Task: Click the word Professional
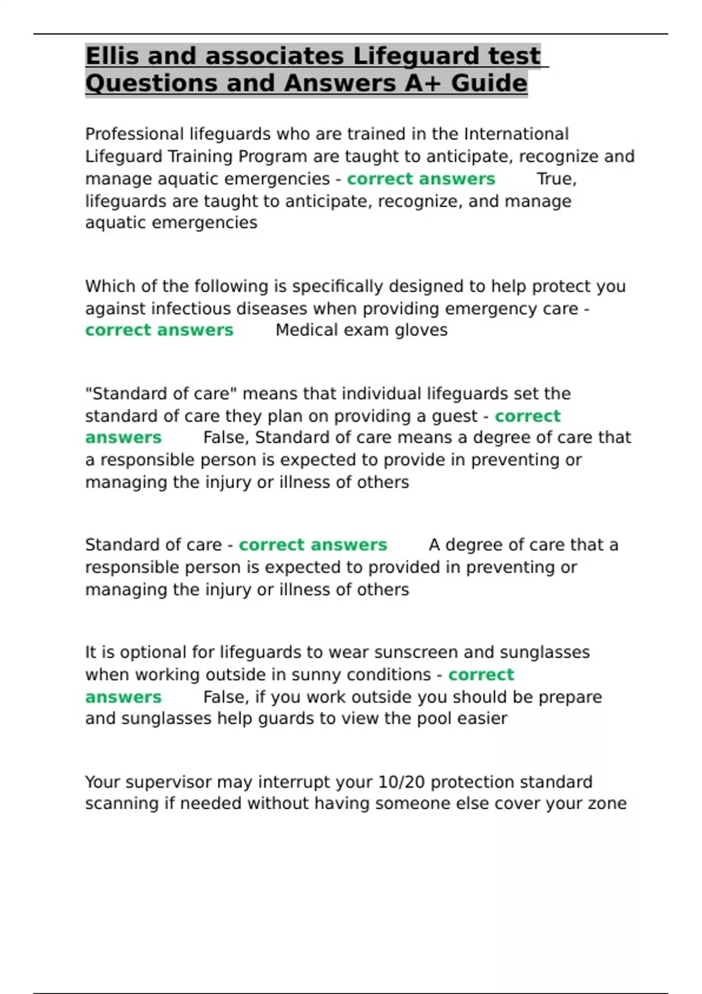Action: point(134,134)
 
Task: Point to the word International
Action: point(516,134)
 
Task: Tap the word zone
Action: point(606,804)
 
